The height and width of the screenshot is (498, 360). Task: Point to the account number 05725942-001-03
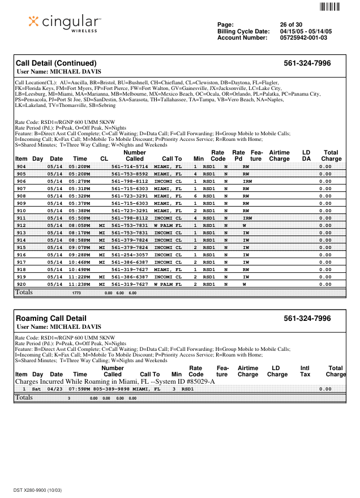tap(303, 38)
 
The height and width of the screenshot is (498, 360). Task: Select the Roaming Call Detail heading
tap(51, 319)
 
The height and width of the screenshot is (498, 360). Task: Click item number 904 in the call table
tap(22, 167)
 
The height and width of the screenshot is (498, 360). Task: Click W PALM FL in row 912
tap(168, 225)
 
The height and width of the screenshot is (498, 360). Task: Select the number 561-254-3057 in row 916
tap(130, 255)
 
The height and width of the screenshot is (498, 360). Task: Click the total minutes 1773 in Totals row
tap(77, 293)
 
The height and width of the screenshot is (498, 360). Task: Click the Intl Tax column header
tap(305, 371)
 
